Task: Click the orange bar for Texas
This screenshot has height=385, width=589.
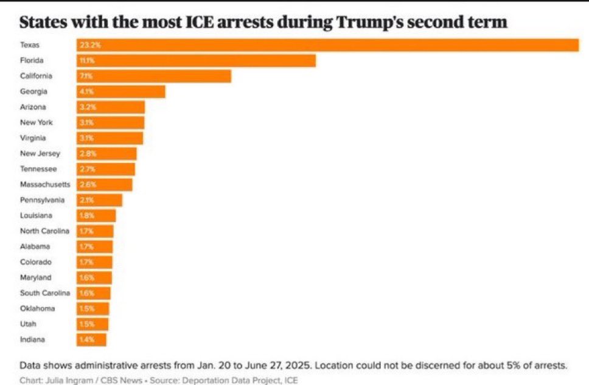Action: coord(327,46)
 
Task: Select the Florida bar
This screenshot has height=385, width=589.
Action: coord(196,61)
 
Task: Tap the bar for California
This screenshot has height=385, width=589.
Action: coord(154,76)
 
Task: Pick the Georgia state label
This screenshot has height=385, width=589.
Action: coord(33,91)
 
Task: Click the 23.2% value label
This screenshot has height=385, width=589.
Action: coord(87,46)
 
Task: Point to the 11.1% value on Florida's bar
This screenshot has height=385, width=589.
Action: coord(86,61)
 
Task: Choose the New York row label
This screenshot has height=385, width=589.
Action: coord(37,122)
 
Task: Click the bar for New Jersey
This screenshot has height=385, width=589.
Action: coord(106,154)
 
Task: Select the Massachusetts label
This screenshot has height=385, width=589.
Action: coord(45,184)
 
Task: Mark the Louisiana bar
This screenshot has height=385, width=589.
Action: coord(96,215)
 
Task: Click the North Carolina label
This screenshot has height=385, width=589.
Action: coord(44,231)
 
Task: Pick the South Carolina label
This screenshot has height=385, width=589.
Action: coord(44,293)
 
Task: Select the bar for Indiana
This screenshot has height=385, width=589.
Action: coord(91,339)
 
